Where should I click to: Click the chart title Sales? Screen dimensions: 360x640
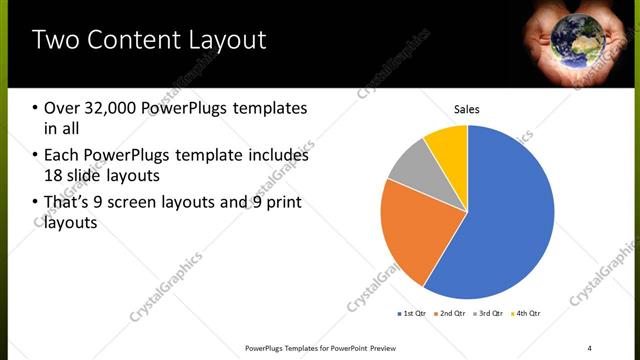(x=467, y=108)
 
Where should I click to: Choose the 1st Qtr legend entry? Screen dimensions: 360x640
(x=411, y=314)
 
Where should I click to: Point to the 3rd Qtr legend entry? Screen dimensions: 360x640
(x=489, y=314)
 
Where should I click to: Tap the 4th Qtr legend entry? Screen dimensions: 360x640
(x=527, y=314)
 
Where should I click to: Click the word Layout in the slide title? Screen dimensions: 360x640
(x=218, y=40)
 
